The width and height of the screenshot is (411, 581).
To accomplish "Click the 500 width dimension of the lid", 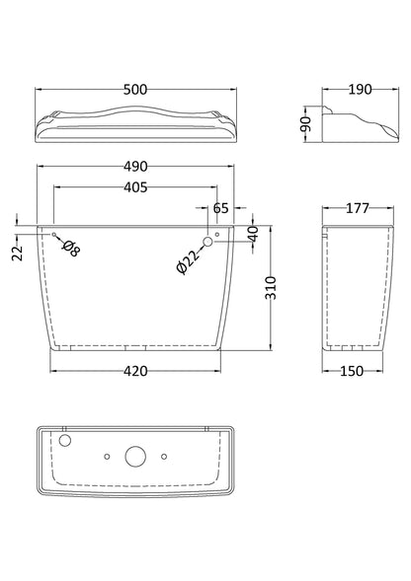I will coord(137,90).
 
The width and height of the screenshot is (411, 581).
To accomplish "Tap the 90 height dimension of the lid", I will coord(307,122).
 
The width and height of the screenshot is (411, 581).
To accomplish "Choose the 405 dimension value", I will coord(138,189).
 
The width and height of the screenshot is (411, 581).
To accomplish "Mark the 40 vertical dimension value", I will coord(254,233).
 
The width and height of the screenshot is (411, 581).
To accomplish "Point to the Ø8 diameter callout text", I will coord(70,249).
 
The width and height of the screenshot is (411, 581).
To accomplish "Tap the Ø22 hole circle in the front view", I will coord(207,241).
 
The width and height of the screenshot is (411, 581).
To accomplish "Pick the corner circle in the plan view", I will coord(66,441).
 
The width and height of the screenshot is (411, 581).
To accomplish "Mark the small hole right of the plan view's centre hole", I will coord(164,455).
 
